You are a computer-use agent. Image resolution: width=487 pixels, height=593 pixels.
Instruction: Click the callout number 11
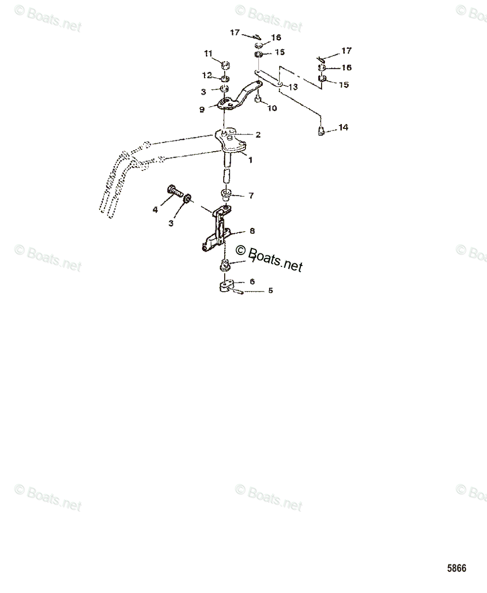point(208,53)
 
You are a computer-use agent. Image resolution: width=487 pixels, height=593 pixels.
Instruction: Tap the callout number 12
point(207,76)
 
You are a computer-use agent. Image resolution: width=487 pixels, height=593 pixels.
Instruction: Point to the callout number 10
point(272,108)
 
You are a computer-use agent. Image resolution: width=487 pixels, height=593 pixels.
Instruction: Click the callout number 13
point(293,87)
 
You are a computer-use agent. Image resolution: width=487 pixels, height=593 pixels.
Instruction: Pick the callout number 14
point(343,127)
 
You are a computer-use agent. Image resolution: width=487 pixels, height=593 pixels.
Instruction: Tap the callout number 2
point(258,134)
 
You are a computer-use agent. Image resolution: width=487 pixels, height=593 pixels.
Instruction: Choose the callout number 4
point(155,210)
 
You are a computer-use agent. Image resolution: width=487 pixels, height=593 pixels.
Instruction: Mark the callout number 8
point(252,231)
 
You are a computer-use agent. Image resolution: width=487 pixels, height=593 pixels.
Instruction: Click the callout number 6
point(252,281)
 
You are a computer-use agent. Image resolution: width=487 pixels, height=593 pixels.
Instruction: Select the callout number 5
point(270,291)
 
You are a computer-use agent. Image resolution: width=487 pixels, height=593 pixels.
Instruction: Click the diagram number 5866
point(456,568)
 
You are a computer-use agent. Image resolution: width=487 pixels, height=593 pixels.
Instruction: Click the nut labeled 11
point(225,64)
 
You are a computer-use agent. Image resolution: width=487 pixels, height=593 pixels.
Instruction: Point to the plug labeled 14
point(321,131)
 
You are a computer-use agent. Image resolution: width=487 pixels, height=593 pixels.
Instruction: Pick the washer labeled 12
point(225,78)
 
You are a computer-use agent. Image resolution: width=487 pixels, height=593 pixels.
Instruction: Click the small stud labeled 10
point(258,100)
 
